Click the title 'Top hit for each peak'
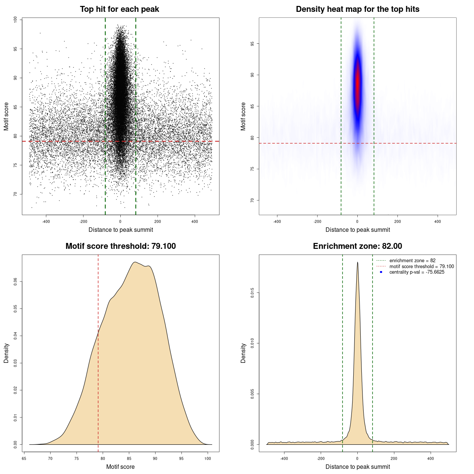tap(119, 9)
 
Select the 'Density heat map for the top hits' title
tap(357, 9)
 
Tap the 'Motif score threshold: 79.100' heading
tap(120, 246)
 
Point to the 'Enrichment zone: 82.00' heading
tap(357, 246)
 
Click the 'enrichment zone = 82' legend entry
tap(412, 261)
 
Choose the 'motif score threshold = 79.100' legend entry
tap(421, 266)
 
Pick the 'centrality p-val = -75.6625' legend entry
tap(417, 272)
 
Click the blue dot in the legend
tap(381, 272)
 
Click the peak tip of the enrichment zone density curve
tap(357, 262)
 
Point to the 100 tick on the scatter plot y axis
tap(15, 20)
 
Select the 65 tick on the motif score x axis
tap(24, 458)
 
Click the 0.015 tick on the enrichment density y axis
tap(252, 293)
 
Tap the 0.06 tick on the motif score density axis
tap(15, 282)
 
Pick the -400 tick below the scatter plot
tap(46, 221)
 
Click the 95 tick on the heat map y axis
tap(252, 44)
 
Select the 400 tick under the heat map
tap(438, 221)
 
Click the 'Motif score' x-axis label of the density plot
tap(120, 467)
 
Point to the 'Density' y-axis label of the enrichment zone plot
tap(243, 353)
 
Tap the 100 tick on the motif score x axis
tap(208, 458)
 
